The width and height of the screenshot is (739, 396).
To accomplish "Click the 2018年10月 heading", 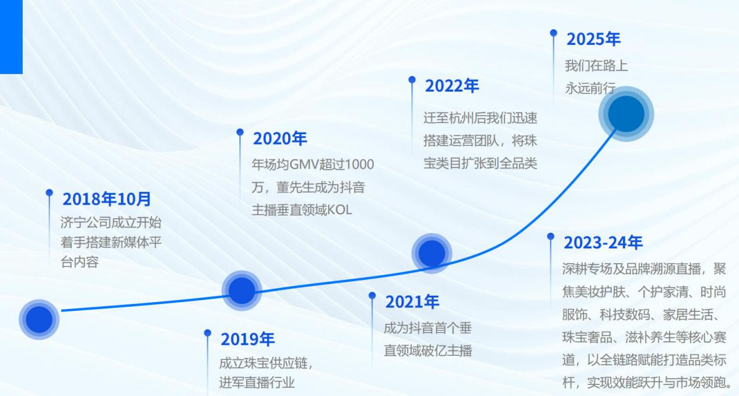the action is (107, 199).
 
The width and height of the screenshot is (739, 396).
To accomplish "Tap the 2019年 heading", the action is (247, 339).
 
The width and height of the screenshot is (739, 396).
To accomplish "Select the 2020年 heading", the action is (280, 138).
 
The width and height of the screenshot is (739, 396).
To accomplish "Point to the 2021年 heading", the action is (412, 302).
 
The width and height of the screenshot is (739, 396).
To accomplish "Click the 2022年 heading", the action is (451, 86).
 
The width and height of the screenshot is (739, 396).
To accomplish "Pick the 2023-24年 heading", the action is (603, 243).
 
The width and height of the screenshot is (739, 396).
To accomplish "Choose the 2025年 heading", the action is (593, 39).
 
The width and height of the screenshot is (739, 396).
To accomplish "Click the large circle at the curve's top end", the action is (626, 114).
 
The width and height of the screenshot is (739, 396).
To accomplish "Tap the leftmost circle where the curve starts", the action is (39, 320).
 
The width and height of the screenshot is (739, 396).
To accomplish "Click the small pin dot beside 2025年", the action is (554, 33).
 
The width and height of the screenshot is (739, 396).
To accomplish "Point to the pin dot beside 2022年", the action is (412, 79).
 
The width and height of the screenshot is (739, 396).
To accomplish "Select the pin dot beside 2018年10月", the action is (49, 192).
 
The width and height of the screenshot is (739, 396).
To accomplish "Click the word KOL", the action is (339, 210).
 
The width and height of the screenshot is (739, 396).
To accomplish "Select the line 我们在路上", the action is (596, 65).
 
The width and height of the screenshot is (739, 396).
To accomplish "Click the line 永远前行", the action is (590, 88).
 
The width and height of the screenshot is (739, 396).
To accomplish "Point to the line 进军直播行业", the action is (257, 383).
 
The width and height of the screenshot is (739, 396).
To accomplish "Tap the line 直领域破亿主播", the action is (428, 351).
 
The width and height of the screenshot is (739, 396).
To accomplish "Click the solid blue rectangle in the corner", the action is (11, 37).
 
